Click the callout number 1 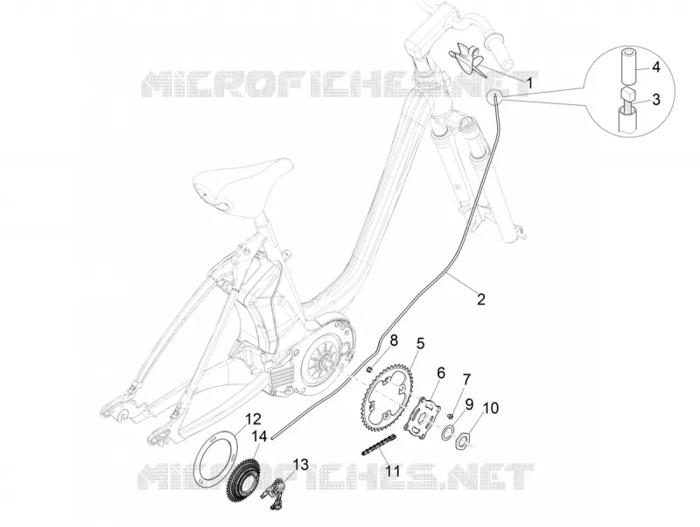click(530, 83)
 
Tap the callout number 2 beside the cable click(480, 299)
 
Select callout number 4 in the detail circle click(655, 67)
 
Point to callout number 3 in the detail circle click(655, 99)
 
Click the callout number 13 click(301, 465)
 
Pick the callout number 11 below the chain click(393, 471)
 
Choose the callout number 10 click(491, 408)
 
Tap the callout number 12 click(253, 419)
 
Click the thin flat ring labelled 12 click(199, 460)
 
